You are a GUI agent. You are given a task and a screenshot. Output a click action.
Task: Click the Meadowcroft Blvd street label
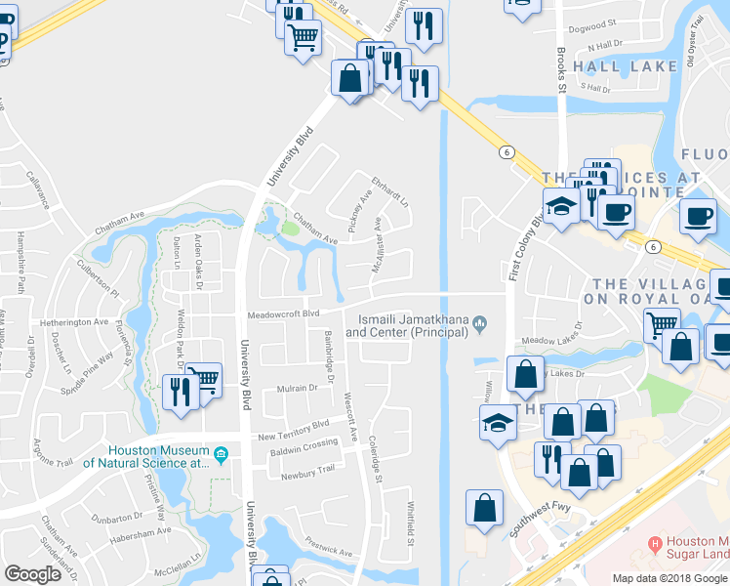click(x=283, y=314)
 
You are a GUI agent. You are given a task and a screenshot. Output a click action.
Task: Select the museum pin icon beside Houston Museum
click(x=222, y=453)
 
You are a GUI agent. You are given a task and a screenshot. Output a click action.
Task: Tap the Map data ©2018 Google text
click(x=670, y=577)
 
